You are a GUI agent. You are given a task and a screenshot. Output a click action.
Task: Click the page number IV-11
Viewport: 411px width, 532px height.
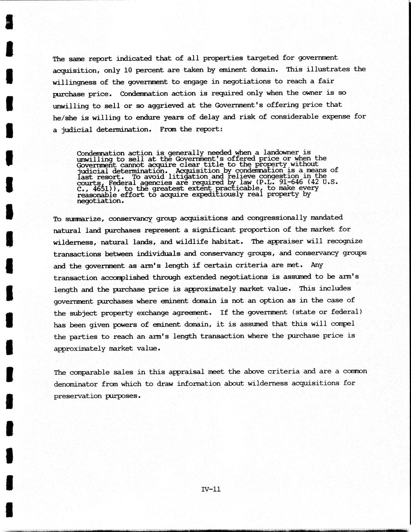tap(211, 489)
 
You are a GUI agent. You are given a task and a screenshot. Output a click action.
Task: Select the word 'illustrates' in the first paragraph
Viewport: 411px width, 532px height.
tap(328, 69)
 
